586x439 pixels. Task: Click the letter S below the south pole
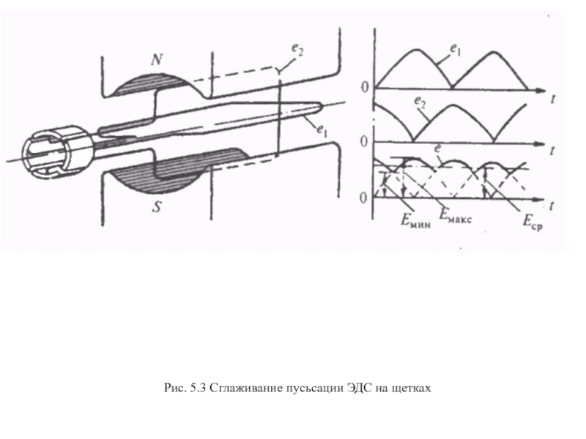click(x=157, y=207)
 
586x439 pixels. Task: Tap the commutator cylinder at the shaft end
click(x=51, y=153)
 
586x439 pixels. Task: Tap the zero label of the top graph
click(x=364, y=87)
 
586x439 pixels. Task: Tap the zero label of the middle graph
click(x=364, y=141)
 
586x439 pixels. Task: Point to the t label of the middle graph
click(x=549, y=150)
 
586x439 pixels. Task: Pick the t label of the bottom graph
click(x=549, y=207)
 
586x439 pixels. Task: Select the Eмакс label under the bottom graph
click(x=456, y=215)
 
